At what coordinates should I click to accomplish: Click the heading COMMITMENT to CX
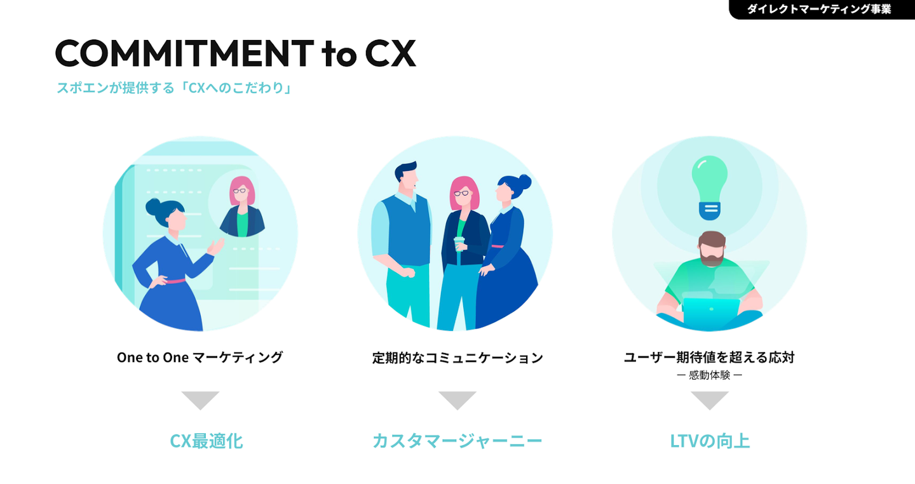pyautogui.click(x=235, y=53)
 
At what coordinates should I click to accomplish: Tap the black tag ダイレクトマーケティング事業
pyautogui.click(x=819, y=10)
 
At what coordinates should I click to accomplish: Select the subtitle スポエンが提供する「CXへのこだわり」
pyautogui.click(x=173, y=88)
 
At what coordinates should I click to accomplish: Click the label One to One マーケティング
pyautogui.click(x=200, y=358)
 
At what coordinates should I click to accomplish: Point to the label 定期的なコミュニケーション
pyautogui.click(x=457, y=358)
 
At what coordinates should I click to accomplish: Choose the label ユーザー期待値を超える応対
pyautogui.click(x=709, y=358)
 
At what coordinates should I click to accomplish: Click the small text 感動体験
pyautogui.click(x=709, y=375)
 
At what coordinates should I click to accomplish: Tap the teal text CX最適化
pyautogui.click(x=207, y=441)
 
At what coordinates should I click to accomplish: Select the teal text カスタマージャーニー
pyautogui.click(x=457, y=441)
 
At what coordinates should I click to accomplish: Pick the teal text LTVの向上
pyautogui.click(x=710, y=441)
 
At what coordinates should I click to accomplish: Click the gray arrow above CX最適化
pyautogui.click(x=200, y=400)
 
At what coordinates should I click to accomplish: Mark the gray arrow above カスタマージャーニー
pyautogui.click(x=457, y=400)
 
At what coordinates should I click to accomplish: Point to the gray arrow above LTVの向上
pyautogui.click(x=710, y=400)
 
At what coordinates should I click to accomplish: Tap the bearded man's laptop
pyautogui.click(x=710, y=313)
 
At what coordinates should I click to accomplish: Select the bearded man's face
pyautogui.click(x=711, y=249)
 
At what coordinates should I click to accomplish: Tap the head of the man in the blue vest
pyautogui.click(x=406, y=177)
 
